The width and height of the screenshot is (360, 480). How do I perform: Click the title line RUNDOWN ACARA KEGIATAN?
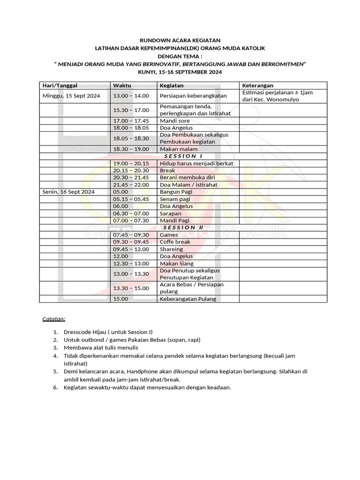pos(180,41)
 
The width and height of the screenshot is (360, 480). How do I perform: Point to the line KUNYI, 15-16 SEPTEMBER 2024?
pos(180,72)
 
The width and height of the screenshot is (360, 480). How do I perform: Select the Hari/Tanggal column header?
pos(60,85)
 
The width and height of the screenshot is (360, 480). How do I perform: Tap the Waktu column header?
pos(122,85)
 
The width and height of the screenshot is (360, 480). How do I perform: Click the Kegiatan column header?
pos(172,85)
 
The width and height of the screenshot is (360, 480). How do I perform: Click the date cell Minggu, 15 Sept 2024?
pos(71,96)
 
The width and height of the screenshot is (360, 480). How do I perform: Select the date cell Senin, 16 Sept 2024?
pos(68,192)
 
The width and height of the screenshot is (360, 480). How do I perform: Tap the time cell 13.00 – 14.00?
pos(131,96)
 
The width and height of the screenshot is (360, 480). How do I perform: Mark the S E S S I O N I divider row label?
pos(183,156)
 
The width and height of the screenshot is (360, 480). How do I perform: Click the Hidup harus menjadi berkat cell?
pos(196,163)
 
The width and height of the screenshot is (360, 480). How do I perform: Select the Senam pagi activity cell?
pos(175,199)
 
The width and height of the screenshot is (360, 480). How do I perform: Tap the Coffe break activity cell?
pos(175,242)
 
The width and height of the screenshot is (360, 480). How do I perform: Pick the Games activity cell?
pos(169,235)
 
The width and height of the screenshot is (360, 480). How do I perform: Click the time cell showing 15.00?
pos(120,299)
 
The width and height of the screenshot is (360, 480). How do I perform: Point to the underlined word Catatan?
pos(54,319)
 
